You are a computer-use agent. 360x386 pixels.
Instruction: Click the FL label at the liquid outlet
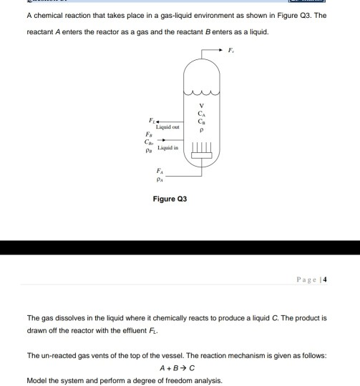pyautogui.click(x=151, y=120)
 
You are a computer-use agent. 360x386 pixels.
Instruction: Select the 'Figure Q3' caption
pyautogui.click(x=170, y=199)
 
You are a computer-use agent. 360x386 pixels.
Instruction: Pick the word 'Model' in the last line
pyautogui.click(x=37, y=380)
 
